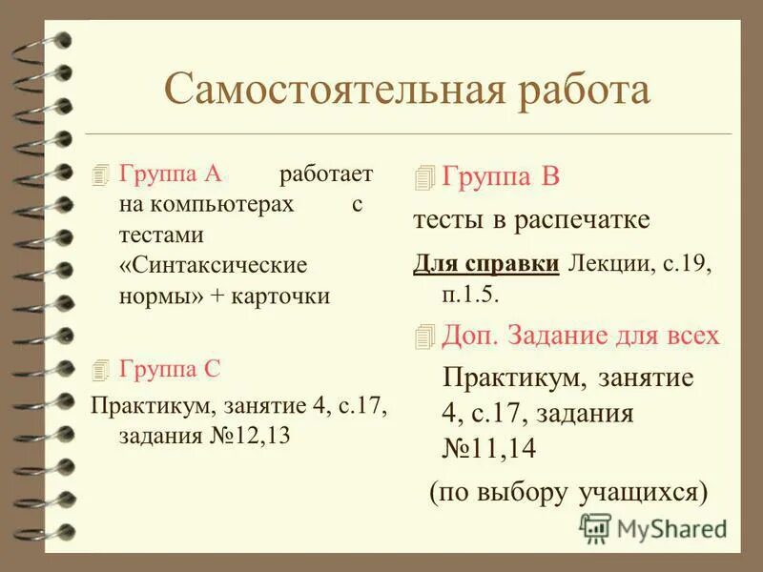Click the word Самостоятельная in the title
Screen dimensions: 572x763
[324, 91]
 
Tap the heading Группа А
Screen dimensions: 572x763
[171, 174]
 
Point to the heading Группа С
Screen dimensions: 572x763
[170, 368]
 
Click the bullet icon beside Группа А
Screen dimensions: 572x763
[101, 175]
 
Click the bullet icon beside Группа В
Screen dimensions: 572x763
[424, 177]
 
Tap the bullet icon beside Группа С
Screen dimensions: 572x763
[101, 369]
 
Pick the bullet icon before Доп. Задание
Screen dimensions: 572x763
[424, 336]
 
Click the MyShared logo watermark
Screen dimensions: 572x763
[653, 527]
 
